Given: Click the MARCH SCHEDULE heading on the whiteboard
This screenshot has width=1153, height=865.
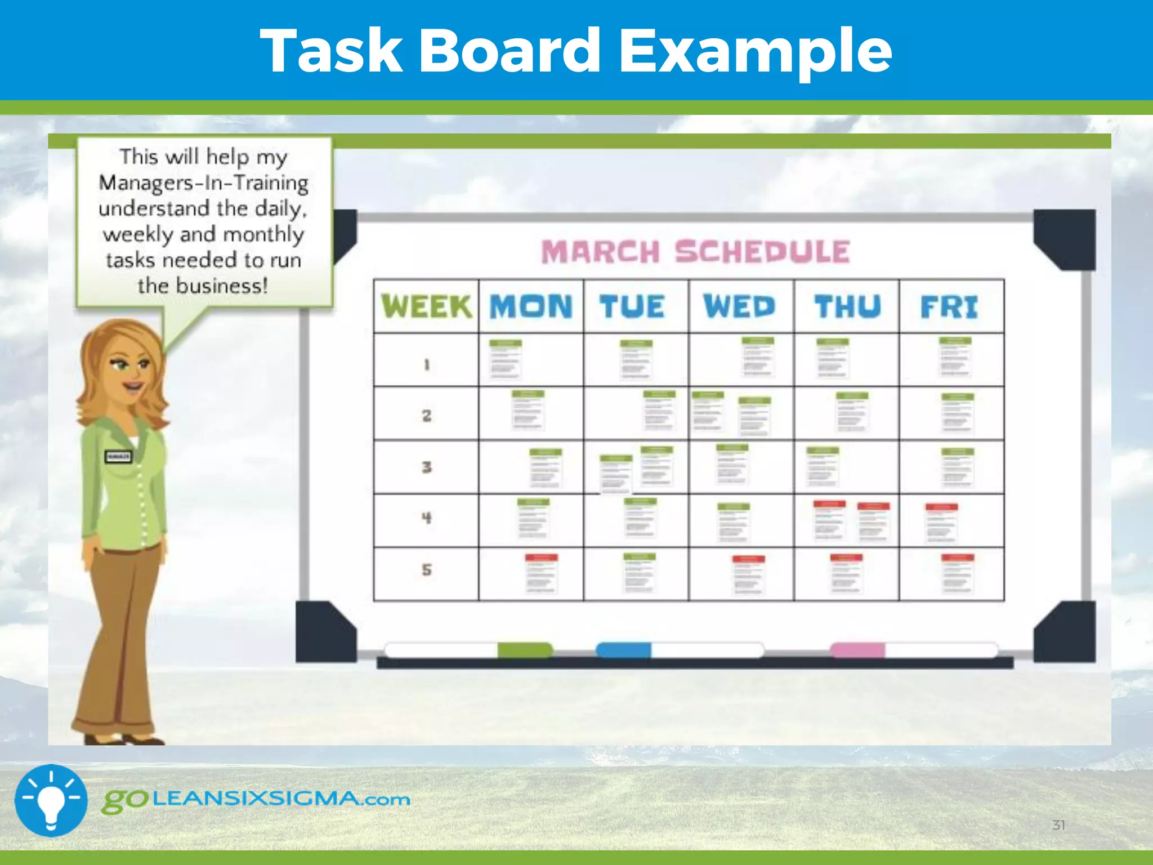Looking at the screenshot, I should [695, 252].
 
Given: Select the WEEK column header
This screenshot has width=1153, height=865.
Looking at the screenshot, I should [426, 306].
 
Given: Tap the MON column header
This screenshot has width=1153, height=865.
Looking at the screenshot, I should [531, 306].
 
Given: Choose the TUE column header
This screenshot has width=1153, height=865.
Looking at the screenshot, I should [632, 306].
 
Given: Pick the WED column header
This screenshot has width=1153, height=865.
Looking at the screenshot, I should [739, 306].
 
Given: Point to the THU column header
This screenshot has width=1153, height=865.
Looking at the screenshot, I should [847, 306].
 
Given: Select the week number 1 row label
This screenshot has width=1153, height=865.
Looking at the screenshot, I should [427, 365].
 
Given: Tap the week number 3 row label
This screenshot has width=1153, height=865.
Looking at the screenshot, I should [427, 467].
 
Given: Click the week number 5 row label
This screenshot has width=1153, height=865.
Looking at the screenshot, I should [427, 570].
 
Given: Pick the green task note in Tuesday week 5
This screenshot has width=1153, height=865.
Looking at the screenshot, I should [639, 573].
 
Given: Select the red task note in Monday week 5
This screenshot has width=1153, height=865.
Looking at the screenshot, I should [541, 573].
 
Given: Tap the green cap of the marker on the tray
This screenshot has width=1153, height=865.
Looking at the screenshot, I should [524, 650].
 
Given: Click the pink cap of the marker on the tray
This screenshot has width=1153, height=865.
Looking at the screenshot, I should [857, 650].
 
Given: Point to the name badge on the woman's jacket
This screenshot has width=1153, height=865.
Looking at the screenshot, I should [118, 456].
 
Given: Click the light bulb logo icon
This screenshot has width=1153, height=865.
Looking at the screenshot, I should [51, 800].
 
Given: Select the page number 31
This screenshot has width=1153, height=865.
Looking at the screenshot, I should [1058, 825].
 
